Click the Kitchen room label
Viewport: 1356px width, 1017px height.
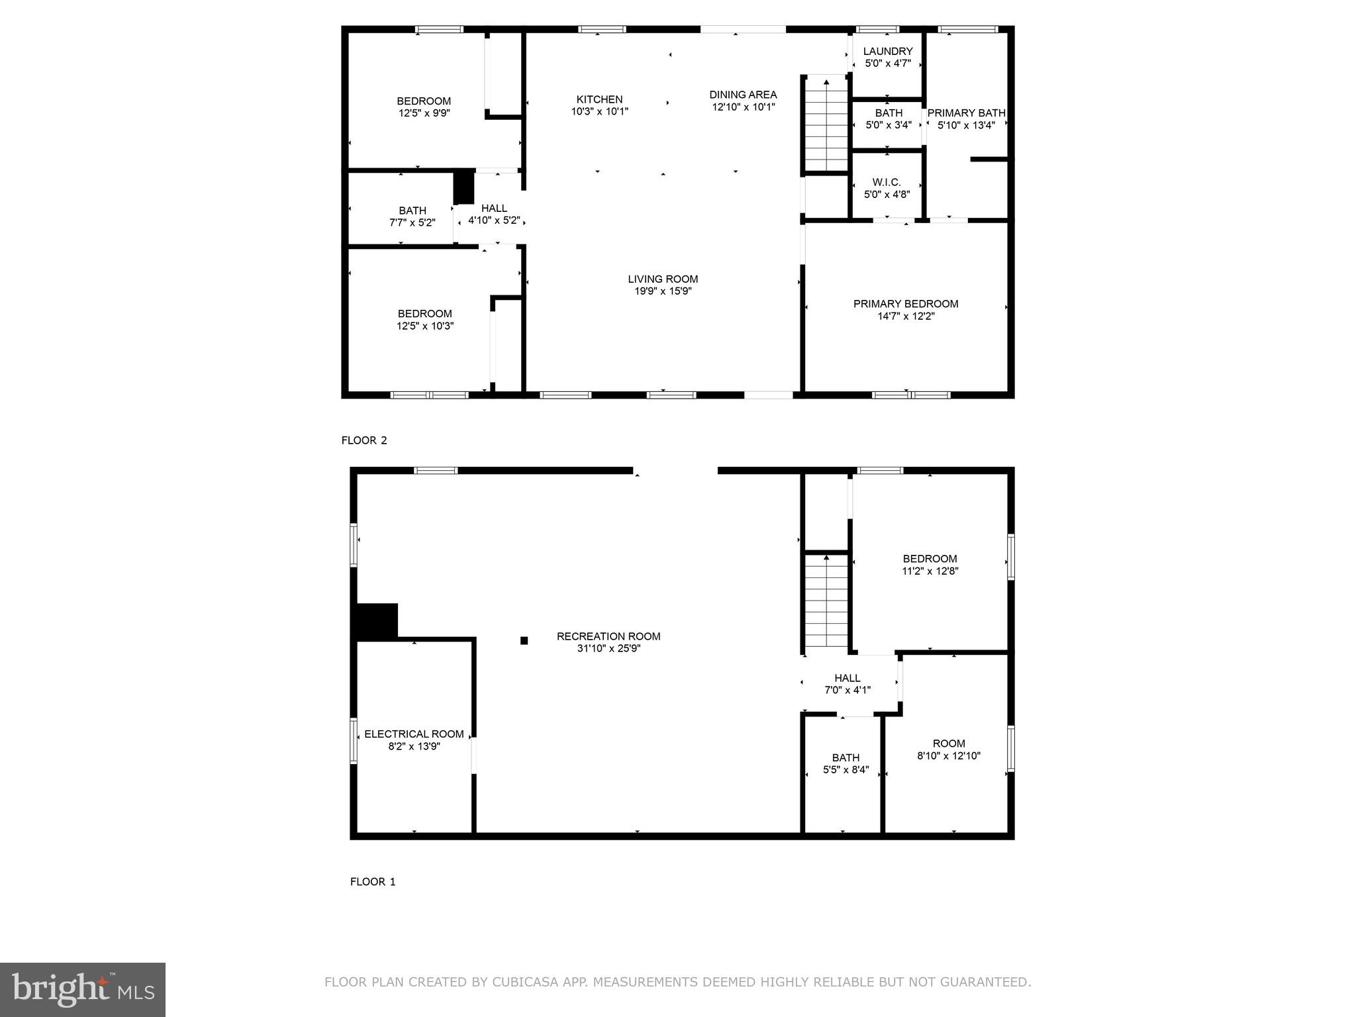[599, 100]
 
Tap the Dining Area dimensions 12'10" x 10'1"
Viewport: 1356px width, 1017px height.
[743, 107]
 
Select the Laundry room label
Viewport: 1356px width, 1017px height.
[888, 52]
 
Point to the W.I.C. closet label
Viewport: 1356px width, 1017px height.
[887, 183]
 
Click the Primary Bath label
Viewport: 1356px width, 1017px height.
[966, 113]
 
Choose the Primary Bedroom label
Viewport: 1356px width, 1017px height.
[905, 304]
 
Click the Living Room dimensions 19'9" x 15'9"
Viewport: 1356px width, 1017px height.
[663, 291]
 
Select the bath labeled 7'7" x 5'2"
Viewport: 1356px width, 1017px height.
[412, 217]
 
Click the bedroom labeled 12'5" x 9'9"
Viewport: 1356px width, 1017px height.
[424, 107]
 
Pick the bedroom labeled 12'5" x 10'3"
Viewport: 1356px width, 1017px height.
[425, 320]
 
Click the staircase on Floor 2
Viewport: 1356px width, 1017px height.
[826, 126]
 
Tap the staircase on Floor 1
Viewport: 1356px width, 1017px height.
[826, 603]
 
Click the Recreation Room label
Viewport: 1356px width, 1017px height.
[608, 636]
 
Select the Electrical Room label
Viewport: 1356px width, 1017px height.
[414, 734]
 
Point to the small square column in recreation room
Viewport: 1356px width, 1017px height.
[524, 640]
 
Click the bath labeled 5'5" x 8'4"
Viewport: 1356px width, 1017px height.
[846, 763]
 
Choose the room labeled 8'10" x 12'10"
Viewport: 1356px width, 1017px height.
[948, 749]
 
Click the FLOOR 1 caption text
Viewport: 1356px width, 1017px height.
[373, 882]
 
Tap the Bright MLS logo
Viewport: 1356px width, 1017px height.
[83, 989]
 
